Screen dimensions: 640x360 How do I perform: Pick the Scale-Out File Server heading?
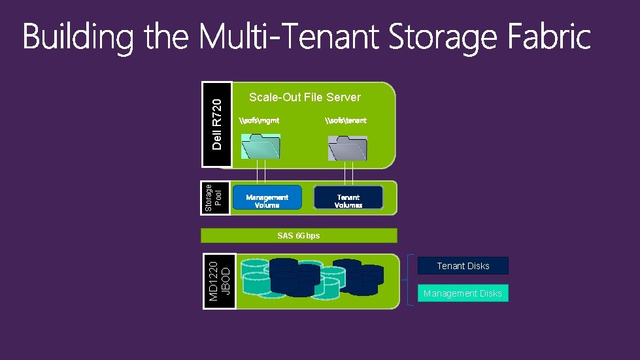coord(305,97)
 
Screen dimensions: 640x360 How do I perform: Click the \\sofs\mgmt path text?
coord(260,120)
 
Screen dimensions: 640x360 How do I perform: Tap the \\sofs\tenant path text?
coord(346,120)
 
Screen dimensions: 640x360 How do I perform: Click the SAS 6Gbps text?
coord(299,235)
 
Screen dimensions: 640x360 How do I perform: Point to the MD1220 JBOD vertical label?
coord(219,282)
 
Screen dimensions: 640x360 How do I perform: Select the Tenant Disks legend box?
coord(463,266)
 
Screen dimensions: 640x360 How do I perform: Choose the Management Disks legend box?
coord(463,293)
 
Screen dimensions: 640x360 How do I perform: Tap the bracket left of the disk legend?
coord(411,280)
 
